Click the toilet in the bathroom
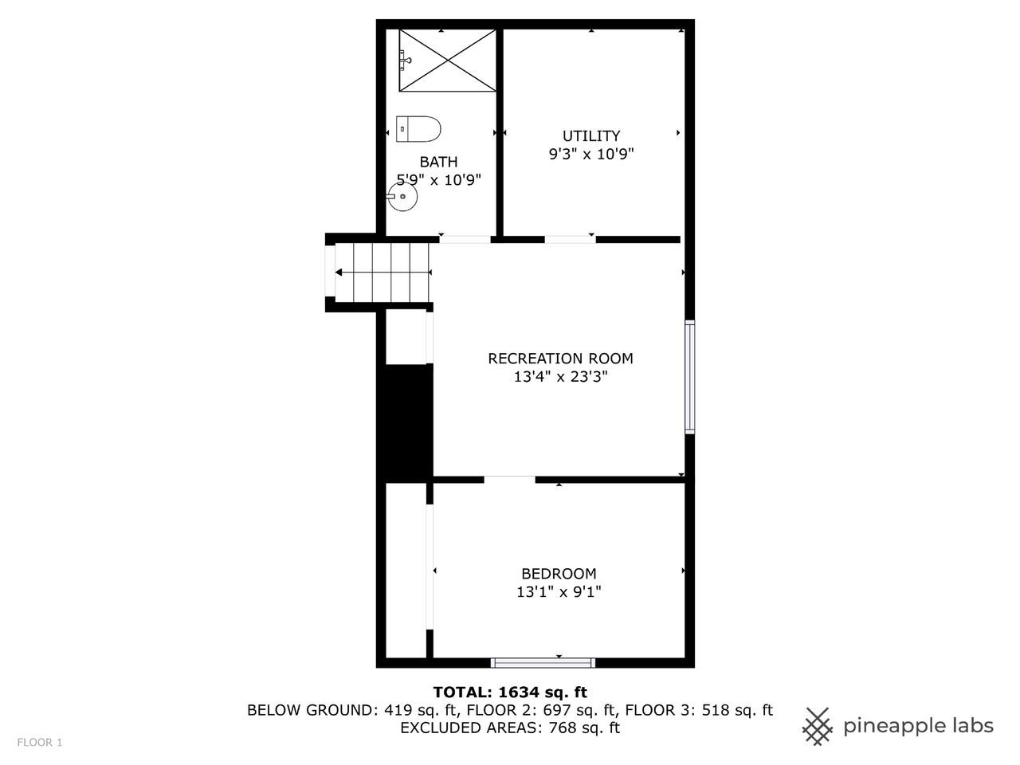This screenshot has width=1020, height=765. coord(418,129)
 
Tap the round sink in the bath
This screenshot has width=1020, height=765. coord(402,197)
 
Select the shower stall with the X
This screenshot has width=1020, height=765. coord(448,61)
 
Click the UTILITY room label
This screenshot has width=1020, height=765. coord(591,135)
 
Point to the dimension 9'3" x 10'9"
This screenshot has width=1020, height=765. coord(591,154)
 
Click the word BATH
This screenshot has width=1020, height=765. coord(438,162)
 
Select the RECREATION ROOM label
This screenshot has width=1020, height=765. coord(560,359)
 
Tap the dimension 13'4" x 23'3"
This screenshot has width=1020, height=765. coord(560,377)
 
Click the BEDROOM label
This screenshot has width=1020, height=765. coord(559,574)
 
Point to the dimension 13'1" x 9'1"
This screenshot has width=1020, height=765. coord(559,592)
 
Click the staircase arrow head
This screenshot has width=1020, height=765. coord(339,273)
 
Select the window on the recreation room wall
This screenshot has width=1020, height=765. coord(690,377)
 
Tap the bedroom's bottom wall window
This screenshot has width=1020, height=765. coord(543,663)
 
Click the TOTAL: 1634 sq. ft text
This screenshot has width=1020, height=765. coord(510,692)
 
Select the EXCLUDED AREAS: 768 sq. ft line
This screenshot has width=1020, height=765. coord(510,728)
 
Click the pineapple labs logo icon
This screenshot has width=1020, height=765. coord(818,727)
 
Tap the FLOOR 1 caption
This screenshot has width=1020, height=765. coord(40,742)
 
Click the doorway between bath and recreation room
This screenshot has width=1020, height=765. coord(465,240)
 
